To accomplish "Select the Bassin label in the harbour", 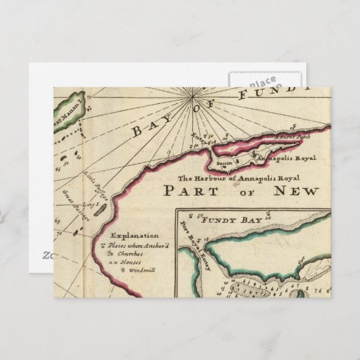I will pyautogui.click(x=224, y=164).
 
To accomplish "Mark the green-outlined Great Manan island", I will pyautogui.click(x=69, y=110).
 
